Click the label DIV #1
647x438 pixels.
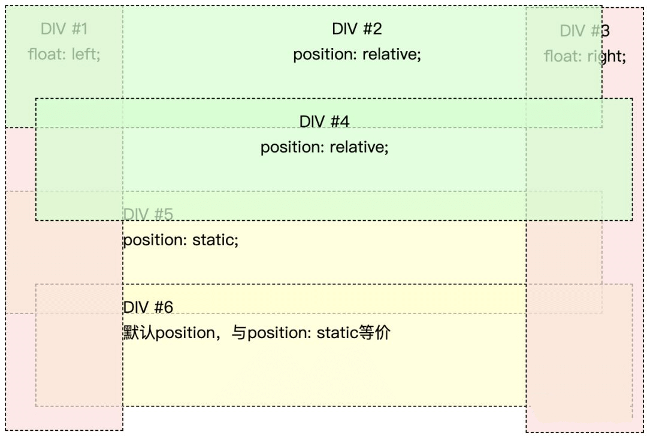[64, 29]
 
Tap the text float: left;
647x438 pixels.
[64, 54]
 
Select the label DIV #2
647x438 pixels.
[357, 29]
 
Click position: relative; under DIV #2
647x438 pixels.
[357, 54]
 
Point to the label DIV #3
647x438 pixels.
[585, 31]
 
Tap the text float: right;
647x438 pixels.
[585, 57]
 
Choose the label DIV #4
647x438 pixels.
[324, 121]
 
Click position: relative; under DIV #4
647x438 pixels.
[324, 147]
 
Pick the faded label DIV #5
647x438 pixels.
[148, 214]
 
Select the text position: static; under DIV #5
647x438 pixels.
[181, 241]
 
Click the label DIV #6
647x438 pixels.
[148, 307]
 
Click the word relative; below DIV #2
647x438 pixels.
[392, 54]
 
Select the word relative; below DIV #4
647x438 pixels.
[359, 147]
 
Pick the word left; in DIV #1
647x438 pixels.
[86, 54]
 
